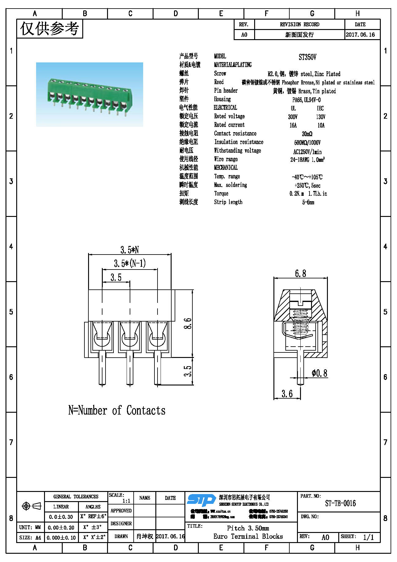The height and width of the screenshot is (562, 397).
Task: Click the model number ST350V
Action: click(307, 57)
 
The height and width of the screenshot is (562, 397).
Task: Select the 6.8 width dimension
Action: click(300, 273)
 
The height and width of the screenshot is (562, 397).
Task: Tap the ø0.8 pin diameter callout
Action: click(319, 373)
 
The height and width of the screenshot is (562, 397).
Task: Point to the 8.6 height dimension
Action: click(187, 323)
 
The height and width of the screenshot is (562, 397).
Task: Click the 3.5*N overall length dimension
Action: click(129, 250)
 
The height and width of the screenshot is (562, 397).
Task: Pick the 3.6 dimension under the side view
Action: click(287, 393)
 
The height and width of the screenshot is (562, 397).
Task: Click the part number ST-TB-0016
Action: click(340, 503)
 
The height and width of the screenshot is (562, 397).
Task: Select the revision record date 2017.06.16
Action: click(360, 35)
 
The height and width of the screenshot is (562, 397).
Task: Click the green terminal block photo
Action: click(89, 95)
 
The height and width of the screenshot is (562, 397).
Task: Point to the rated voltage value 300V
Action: click(293, 117)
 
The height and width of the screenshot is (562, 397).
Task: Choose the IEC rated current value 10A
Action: click(321, 125)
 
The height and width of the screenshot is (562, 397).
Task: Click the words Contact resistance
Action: click(235, 133)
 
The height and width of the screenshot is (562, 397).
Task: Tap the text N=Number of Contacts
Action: click(117, 410)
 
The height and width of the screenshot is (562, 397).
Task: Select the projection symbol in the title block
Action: click(31, 506)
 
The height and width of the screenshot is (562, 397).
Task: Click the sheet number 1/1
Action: click(368, 537)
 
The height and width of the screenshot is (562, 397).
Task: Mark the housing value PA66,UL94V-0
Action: click(306, 100)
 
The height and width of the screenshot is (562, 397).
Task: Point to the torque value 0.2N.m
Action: click(297, 194)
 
